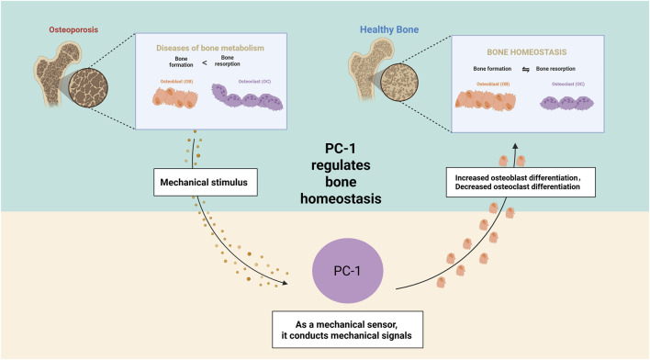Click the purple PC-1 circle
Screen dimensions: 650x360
(347, 271)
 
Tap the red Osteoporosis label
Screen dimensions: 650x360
(73, 30)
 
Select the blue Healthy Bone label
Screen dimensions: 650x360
(389, 29)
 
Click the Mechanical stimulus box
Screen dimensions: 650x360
(206, 182)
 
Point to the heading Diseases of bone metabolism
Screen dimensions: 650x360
(210, 48)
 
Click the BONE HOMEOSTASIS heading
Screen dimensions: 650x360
(526, 52)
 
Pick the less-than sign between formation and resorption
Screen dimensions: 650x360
(205, 62)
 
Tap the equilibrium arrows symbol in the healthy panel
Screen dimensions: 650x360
(526, 69)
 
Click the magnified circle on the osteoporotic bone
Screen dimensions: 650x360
(88, 88)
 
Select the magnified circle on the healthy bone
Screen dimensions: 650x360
(399, 82)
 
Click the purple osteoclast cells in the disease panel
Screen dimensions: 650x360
(248, 98)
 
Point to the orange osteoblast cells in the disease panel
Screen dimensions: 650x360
(175, 97)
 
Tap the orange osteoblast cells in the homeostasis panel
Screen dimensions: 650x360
(486, 101)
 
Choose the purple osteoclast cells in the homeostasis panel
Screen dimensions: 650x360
(566, 103)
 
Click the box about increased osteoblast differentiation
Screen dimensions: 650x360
(521, 182)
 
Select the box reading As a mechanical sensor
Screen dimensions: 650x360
(347, 330)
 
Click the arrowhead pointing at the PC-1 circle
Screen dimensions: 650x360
(285, 283)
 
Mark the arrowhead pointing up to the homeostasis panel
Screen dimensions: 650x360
(515, 146)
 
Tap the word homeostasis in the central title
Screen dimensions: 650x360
(341, 198)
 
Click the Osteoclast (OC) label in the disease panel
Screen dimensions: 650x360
(254, 82)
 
